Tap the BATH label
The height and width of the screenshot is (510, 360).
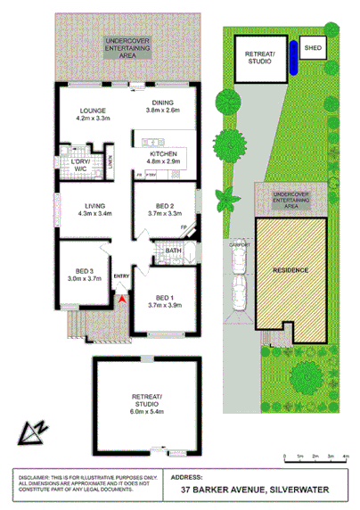172,251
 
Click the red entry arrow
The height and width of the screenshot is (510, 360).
122,301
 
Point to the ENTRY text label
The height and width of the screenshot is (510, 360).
122,276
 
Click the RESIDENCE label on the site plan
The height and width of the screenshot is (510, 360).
291,269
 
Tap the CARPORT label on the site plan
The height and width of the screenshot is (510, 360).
237,242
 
